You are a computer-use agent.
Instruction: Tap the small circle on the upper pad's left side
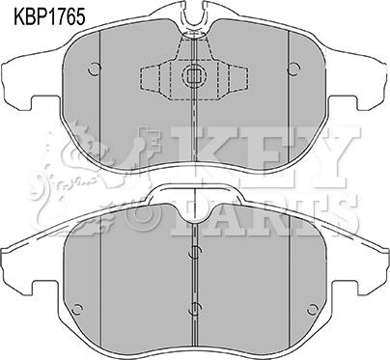[x=95, y=69]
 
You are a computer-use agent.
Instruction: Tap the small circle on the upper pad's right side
[x=294, y=69]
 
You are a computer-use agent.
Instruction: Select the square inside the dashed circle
[x=192, y=76]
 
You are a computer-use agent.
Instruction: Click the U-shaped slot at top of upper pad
[x=194, y=16]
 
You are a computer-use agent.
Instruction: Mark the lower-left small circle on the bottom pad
[x=77, y=310]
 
